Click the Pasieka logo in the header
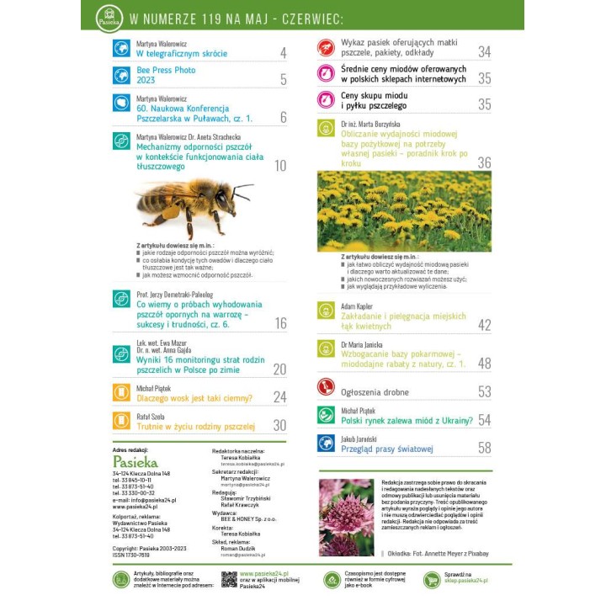tap(109, 17)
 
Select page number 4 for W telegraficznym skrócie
tap(283, 53)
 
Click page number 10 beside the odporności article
tap(279, 166)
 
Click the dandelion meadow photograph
tap(404, 211)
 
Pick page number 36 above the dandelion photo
tap(484, 162)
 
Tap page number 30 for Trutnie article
tap(279, 426)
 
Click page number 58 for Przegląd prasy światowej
tap(484, 449)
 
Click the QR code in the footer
tap(229, 579)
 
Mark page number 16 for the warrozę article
tap(279, 323)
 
